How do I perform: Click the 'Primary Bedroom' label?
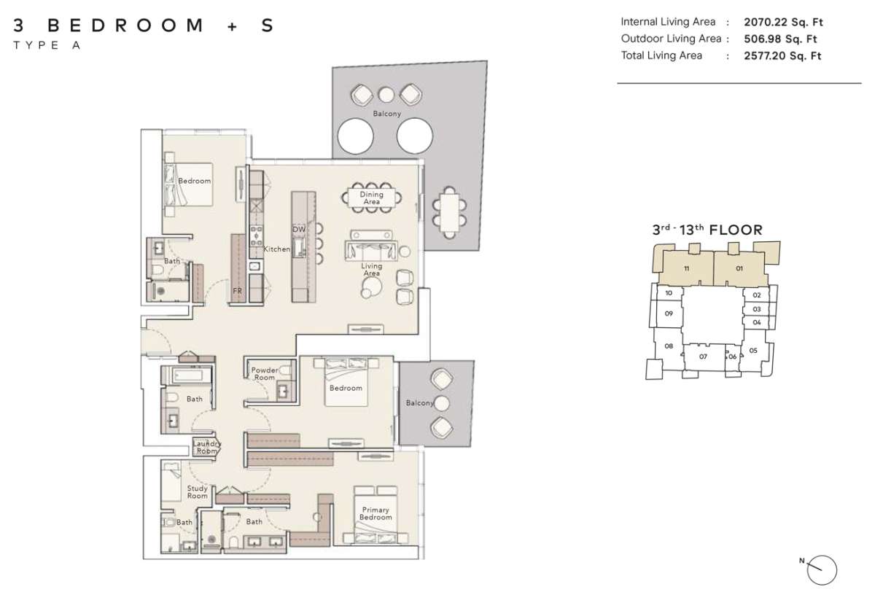tap(375, 513)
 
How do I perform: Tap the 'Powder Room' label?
tap(264, 373)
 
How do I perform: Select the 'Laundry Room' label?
tap(206, 447)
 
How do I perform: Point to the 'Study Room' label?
tap(197, 492)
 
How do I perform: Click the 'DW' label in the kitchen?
tap(298, 229)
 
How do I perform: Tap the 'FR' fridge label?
tap(237, 291)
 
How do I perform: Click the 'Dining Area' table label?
tap(371, 198)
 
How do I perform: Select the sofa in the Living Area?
tap(371, 248)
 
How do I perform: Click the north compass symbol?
tap(822, 568)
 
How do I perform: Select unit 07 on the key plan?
tap(703, 357)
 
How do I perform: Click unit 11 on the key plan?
tap(687, 269)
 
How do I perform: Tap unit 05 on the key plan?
tap(753, 351)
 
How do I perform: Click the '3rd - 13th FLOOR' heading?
tap(707, 230)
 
